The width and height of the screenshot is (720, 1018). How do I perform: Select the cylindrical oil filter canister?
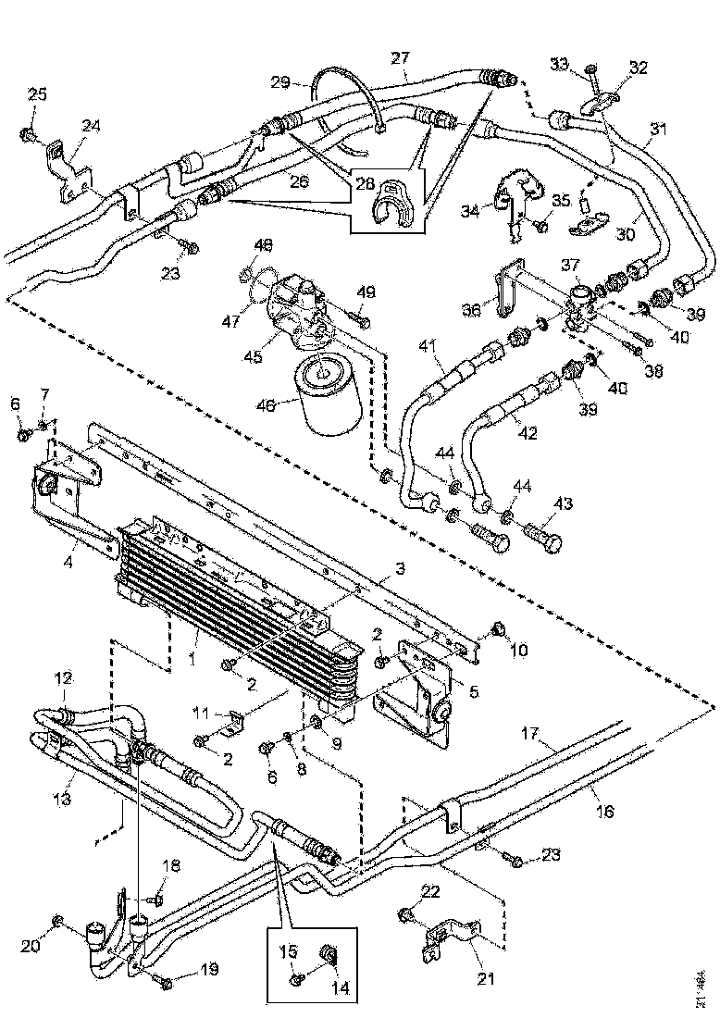pos(326,397)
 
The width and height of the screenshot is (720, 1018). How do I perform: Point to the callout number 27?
pos(399,58)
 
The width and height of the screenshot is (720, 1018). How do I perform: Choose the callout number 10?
pos(518,651)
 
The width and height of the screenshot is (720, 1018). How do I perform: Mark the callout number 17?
pos(529,736)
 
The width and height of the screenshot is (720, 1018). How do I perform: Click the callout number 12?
pos(62,678)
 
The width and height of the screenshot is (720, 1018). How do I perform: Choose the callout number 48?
pos(264,246)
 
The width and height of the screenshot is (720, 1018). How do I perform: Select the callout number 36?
pos(473,311)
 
